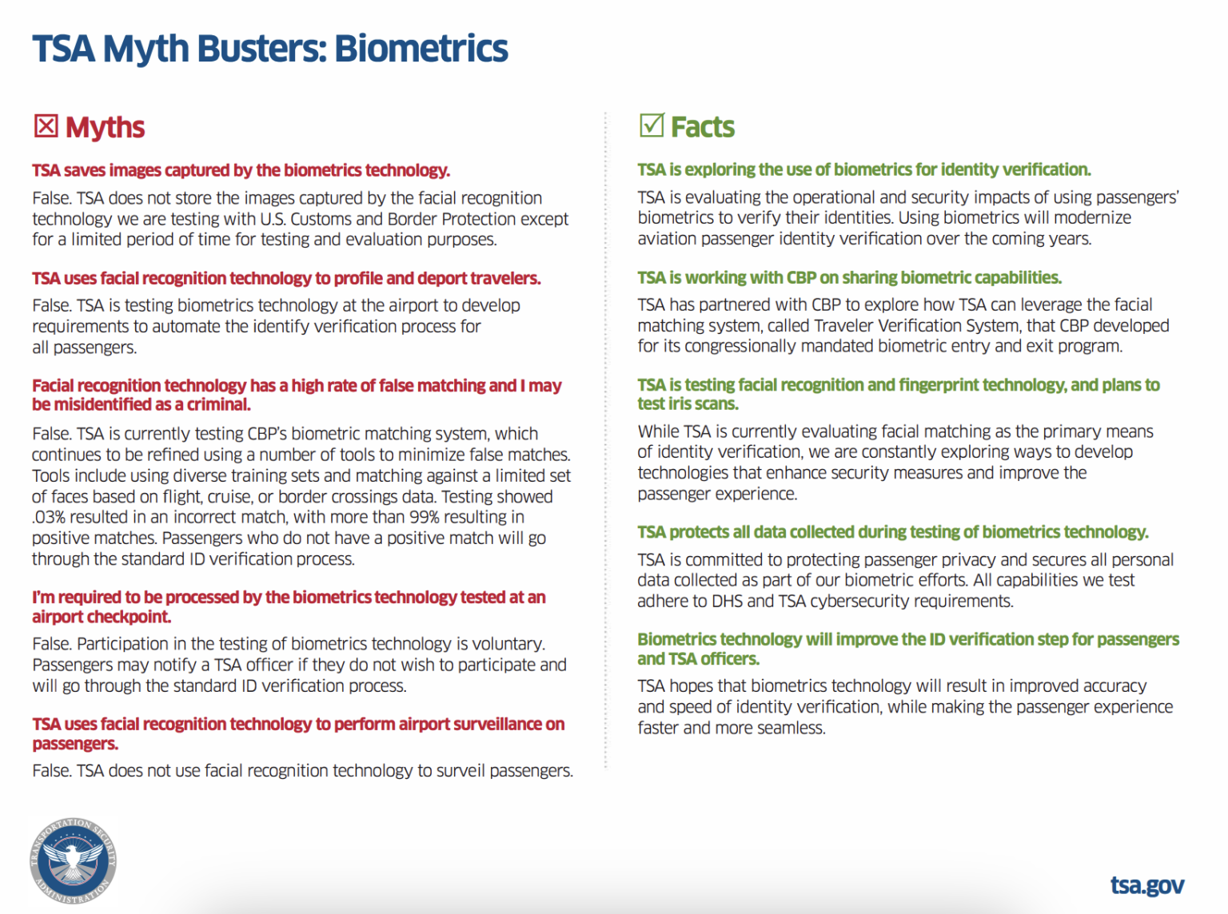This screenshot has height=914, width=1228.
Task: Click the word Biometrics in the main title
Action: pos(421,48)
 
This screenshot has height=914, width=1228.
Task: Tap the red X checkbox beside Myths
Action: pos(46,126)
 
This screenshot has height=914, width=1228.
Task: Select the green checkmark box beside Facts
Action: pos(652,125)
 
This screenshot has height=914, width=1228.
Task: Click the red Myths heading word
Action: pos(105,127)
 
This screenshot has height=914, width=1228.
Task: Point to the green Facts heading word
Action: pos(702,126)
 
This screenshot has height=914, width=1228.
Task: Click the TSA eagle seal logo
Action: pos(73,860)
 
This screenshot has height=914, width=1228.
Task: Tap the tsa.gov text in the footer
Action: pos(1146,885)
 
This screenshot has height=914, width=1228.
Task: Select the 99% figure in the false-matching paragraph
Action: pos(424,518)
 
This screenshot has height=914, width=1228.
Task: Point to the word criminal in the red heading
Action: pos(217,404)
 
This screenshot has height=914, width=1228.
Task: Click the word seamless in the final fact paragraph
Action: pos(792,728)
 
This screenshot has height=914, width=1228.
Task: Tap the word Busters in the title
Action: pos(261,48)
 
